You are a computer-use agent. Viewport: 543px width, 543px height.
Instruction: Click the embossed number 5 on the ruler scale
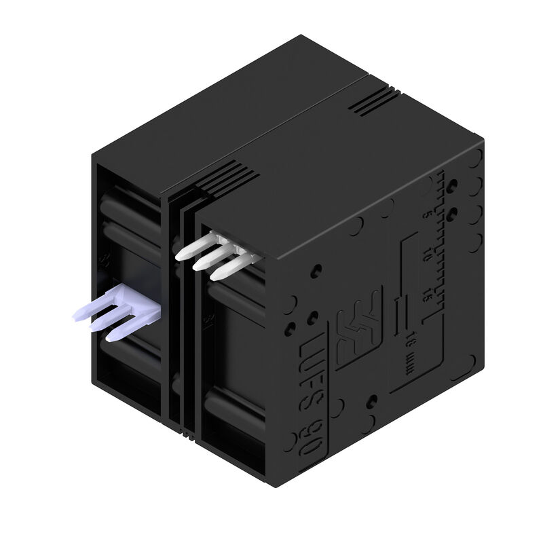tap(427, 215)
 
